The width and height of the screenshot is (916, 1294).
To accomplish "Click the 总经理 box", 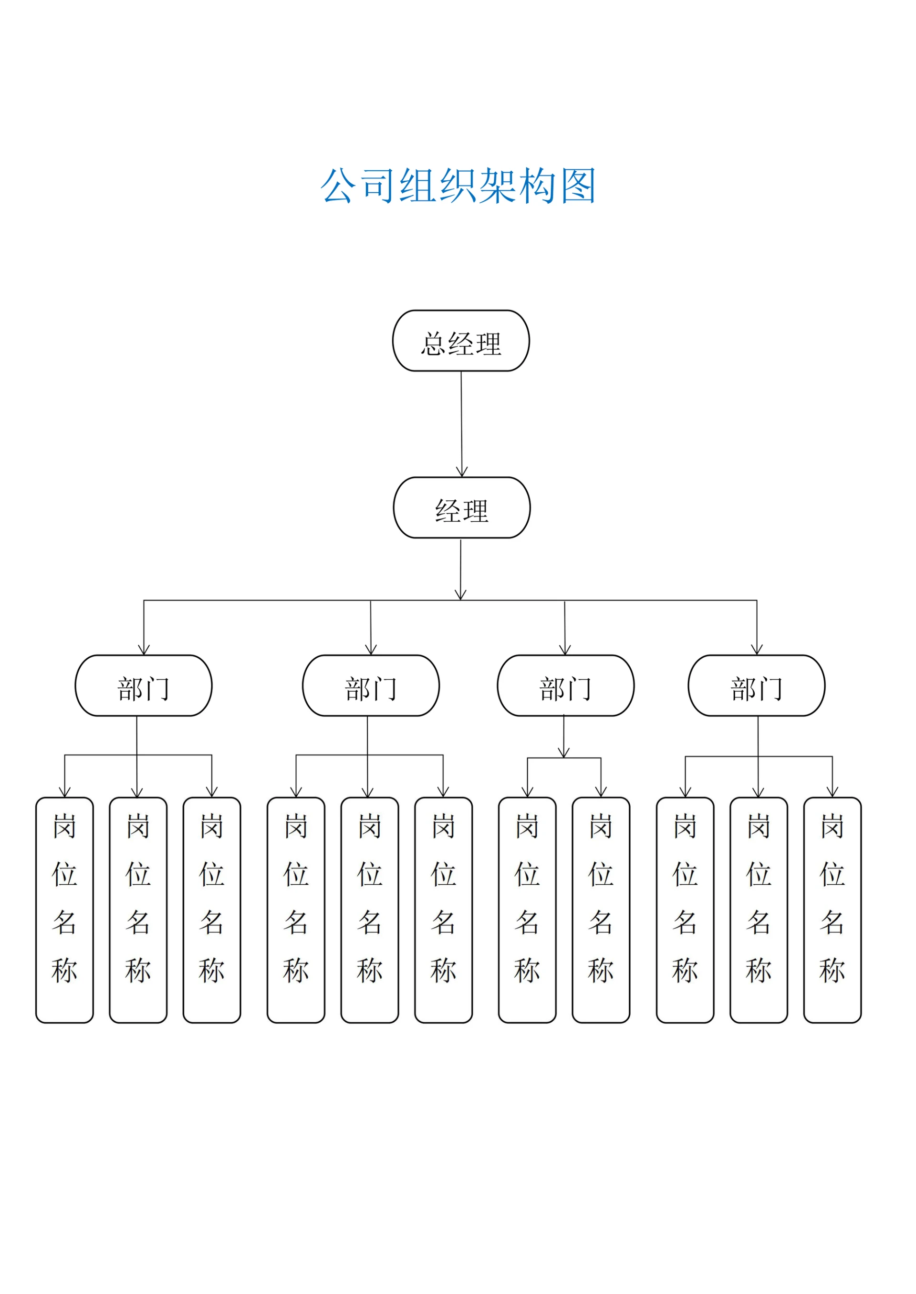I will pyautogui.click(x=461, y=341).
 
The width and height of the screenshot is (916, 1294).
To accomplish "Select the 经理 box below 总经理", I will pyautogui.click(x=461, y=507).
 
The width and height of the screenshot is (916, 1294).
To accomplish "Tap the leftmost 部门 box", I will pyautogui.click(x=143, y=685).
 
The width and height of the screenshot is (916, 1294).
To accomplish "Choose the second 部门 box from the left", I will pyautogui.click(x=371, y=685).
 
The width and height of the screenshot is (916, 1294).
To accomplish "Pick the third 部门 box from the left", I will pyautogui.click(x=565, y=685).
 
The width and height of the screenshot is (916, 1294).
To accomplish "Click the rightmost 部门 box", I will pyautogui.click(x=756, y=685).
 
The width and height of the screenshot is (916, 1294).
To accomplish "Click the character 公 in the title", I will pyautogui.click(x=338, y=186).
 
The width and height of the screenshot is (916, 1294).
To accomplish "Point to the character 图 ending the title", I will pyautogui.click(x=579, y=186).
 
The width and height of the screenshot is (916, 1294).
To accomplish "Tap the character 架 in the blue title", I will pyautogui.click(x=498, y=186).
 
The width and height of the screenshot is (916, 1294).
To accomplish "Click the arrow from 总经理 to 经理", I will pyautogui.click(x=461, y=423).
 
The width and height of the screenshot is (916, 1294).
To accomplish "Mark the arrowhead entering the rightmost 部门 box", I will pyautogui.click(x=756, y=650).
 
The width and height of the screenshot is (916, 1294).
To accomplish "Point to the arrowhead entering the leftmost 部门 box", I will pyautogui.click(x=144, y=650).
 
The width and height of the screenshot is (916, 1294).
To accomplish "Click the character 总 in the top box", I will pyautogui.click(x=433, y=344).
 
